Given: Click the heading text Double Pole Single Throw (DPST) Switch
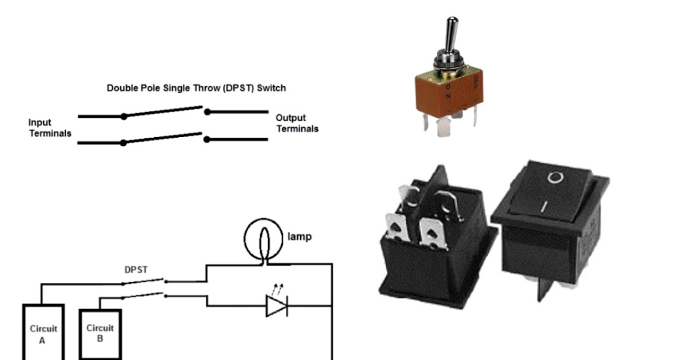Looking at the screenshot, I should click(x=196, y=89).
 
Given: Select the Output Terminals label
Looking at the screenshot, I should click(x=297, y=123).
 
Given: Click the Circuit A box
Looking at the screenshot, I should click(x=43, y=334).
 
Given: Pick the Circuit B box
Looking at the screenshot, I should click(x=99, y=333).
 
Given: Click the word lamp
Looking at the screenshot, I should click(x=299, y=236).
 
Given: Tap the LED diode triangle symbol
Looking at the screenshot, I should click(x=276, y=306).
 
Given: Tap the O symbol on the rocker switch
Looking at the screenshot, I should click(x=554, y=178).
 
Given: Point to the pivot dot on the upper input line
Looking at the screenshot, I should click(x=123, y=117).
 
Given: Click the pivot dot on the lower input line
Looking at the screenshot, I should click(x=123, y=143).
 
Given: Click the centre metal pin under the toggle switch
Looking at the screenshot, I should click(x=444, y=128).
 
